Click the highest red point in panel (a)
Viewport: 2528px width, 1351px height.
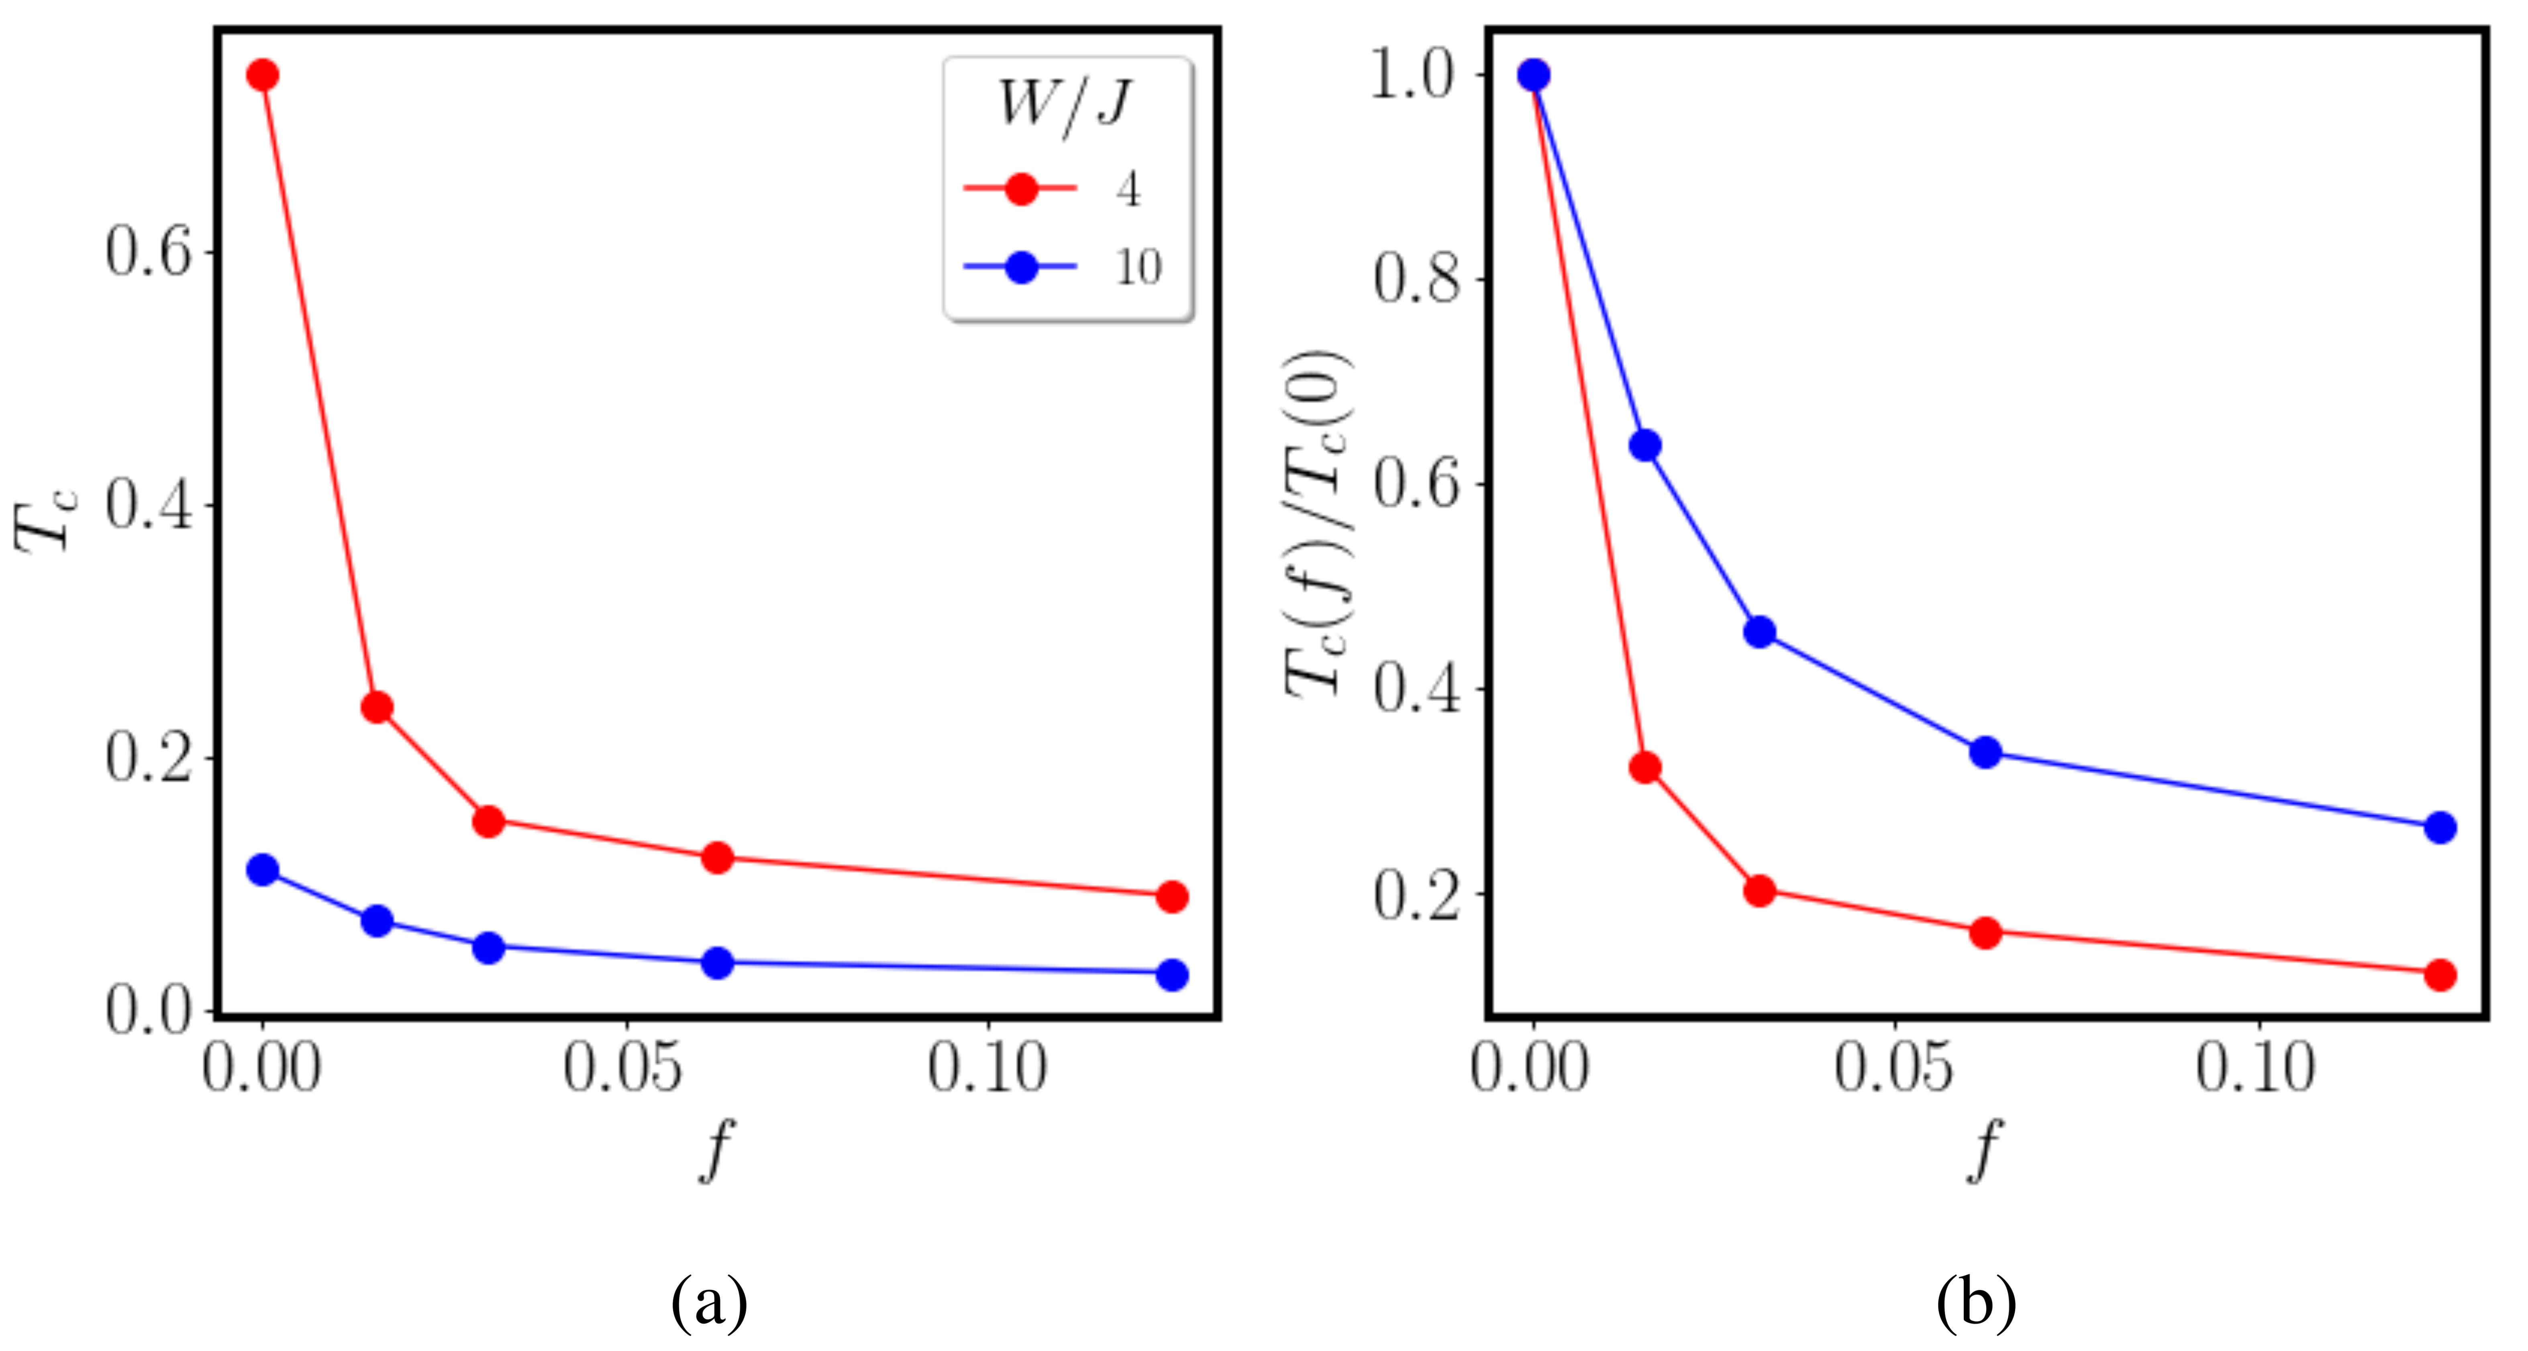click(262, 75)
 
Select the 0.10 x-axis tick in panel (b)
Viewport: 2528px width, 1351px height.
click(2256, 1068)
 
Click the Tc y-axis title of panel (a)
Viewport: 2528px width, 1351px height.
click(44, 520)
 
